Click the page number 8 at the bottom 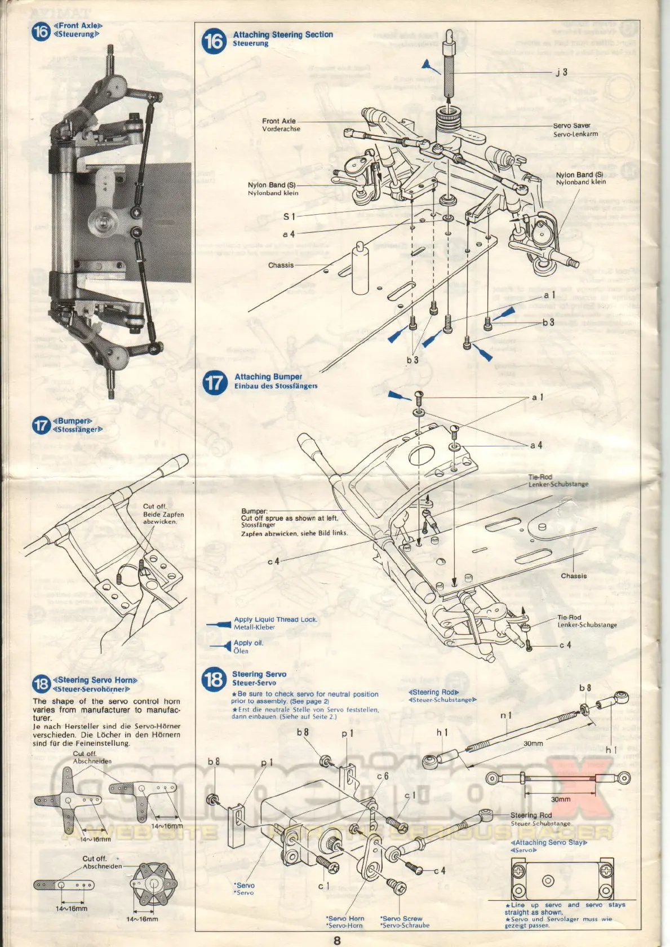pos(337,940)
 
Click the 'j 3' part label pos(561,72)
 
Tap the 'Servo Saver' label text pos(571,126)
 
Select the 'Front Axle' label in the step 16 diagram pos(278,121)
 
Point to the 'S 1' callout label pos(289,216)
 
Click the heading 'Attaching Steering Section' pos(283,34)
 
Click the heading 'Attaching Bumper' pos(268,377)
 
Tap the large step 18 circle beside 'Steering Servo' pos(214,679)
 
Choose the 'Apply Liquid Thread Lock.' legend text pos(276,619)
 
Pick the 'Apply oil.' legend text pos(249,643)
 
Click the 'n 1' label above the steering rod pos(506,715)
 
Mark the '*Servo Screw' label pos(401,918)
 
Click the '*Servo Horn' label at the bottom pos(345,918)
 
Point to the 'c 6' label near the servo pos(383,776)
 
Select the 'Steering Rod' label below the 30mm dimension pos(531,815)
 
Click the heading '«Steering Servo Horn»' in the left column pos(95,680)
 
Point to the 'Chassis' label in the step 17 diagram pos(574,576)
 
